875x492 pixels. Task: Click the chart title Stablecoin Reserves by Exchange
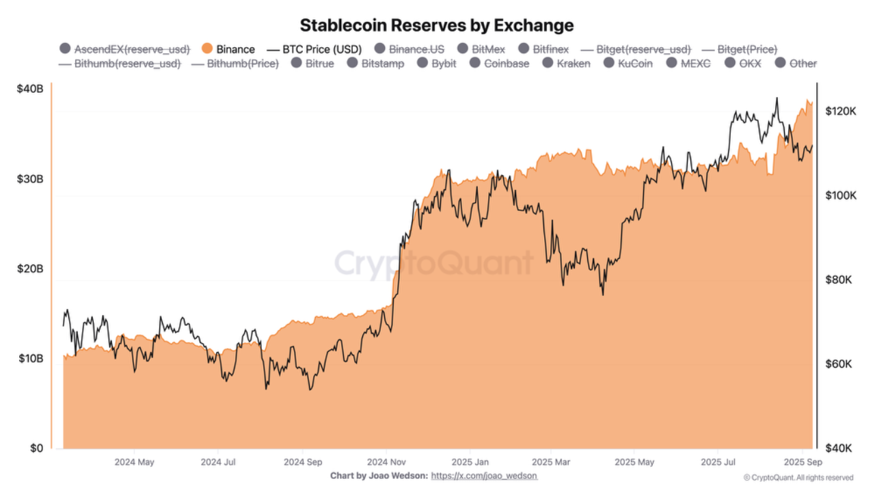click(437, 25)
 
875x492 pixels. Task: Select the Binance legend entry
click(229, 49)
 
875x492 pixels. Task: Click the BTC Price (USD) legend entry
click(315, 49)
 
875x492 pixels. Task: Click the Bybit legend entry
click(437, 64)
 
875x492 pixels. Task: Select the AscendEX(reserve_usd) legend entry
click(124, 49)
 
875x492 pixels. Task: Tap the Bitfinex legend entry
click(543, 49)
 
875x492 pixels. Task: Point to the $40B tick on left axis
click(30, 89)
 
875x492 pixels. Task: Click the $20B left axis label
click(30, 269)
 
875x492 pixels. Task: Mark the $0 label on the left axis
click(37, 448)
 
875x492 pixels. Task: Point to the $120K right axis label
click(841, 111)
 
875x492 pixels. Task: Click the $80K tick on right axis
click(839, 279)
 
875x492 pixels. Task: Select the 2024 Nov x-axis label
click(387, 462)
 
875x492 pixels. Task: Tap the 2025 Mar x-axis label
click(551, 462)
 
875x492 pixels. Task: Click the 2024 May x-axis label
click(134, 462)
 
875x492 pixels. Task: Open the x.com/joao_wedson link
click(484, 476)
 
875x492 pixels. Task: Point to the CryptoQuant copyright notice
click(798, 478)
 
